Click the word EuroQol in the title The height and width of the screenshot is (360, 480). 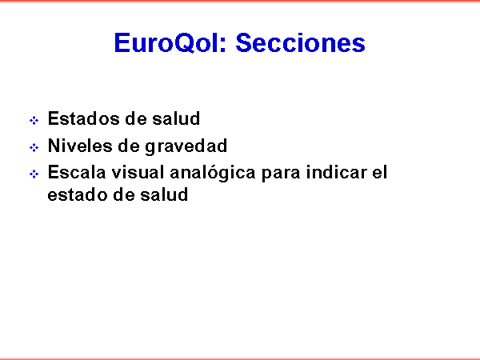(x=170, y=43)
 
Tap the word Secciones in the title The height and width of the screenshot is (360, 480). (x=300, y=43)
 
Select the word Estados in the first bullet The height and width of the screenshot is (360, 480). (x=84, y=118)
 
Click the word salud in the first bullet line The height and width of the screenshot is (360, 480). (x=176, y=118)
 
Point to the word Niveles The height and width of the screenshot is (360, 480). (x=80, y=146)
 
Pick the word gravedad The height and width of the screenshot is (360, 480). (x=186, y=146)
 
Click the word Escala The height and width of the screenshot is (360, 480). (x=77, y=172)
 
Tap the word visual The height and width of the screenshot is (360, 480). (x=138, y=172)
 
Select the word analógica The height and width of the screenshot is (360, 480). (x=213, y=173)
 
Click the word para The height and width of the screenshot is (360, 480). (x=281, y=174)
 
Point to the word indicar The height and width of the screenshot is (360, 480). (x=337, y=172)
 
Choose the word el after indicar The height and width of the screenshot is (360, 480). (x=380, y=172)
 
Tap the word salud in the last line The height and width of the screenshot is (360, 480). (x=164, y=194)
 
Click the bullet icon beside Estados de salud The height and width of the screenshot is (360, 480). (x=34, y=120)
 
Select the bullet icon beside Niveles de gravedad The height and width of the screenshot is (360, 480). (x=34, y=147)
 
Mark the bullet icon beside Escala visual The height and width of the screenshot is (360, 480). (x=34, y=174)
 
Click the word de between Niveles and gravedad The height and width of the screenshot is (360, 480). (x=129, y=146)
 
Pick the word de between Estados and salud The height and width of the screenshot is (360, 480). (x=136, y=118)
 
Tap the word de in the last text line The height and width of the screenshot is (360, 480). (x=124, y=194)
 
